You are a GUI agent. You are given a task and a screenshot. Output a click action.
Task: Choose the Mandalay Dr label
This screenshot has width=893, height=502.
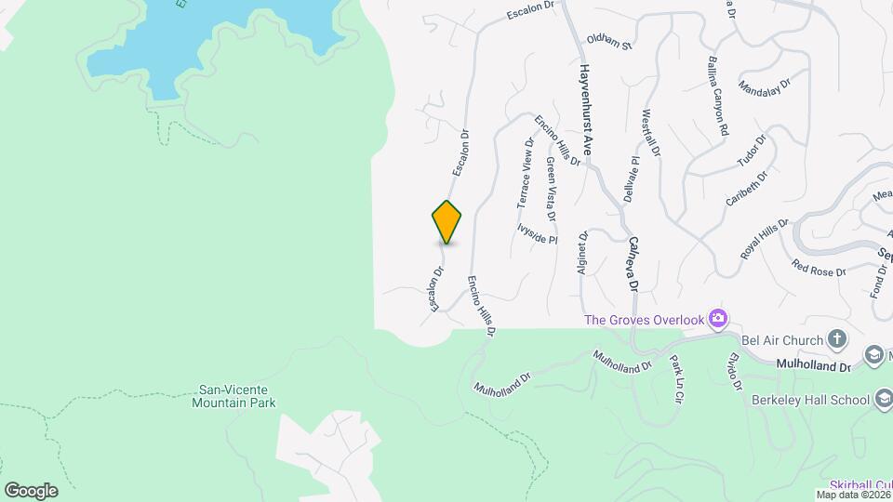[764, 86]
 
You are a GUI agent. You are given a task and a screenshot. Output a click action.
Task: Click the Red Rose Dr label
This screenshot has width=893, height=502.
[819, 270]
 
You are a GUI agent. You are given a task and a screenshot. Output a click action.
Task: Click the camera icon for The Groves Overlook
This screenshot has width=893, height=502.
[717, 320]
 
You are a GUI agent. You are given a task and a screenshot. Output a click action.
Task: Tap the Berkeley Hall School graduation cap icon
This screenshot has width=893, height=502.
[883, 400]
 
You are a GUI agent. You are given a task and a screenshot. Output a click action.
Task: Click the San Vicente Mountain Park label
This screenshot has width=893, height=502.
[236, 397]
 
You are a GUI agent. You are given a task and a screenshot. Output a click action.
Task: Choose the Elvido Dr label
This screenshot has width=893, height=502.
[736, 372]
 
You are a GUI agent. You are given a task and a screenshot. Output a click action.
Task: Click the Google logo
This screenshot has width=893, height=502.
[30, 490]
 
